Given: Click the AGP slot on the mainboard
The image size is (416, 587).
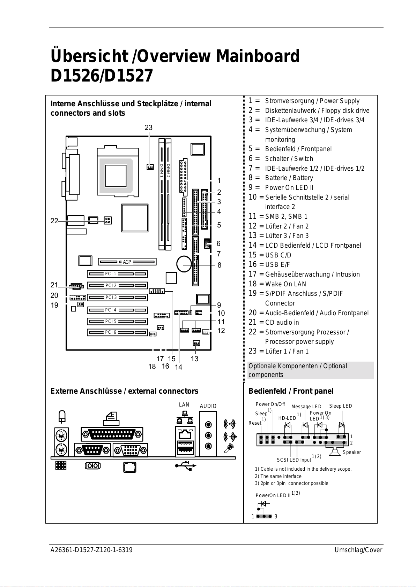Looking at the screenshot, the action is point(127,262).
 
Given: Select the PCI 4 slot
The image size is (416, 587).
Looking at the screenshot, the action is point(117,310).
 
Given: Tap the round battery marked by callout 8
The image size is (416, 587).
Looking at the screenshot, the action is point(184,264).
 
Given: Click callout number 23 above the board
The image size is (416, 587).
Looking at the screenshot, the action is point(149,128).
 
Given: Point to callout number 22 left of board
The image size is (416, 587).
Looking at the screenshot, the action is point(54,221).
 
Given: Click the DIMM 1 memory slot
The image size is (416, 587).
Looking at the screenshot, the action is point(162,194).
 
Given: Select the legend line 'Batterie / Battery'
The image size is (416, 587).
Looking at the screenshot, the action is point(289,178).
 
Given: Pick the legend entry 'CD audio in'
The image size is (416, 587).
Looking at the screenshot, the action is point(282,322).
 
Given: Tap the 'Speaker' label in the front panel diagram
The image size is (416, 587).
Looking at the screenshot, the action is point(352,452).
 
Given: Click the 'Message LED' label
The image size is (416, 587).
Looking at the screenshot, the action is point(306,407).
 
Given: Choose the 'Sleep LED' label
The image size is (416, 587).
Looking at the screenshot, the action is point(340,406).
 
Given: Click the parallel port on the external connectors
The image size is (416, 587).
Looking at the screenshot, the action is point(112,434).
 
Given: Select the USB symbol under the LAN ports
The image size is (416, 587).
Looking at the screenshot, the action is point(186,466).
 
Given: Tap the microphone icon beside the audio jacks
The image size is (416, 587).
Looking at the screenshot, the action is point(229,448).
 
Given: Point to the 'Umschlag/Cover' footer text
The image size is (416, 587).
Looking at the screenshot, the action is point(358,550).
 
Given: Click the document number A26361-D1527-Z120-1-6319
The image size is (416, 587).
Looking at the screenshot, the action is point(91,550).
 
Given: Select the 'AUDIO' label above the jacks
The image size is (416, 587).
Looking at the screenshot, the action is point(208,406).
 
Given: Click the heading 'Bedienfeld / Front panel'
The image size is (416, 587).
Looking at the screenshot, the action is point(291,391).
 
